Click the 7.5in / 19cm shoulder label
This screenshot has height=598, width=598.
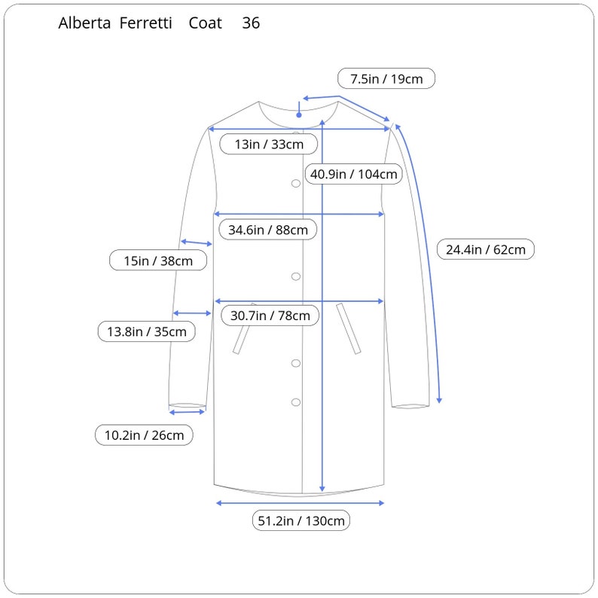point(386,78)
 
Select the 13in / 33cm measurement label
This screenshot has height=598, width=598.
point(268,144)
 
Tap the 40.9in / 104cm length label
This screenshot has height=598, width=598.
point(353,174)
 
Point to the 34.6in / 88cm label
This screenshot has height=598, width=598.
point(267,230)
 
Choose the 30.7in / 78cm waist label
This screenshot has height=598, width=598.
point(270,316)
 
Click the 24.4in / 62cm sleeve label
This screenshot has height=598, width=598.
point(486,249)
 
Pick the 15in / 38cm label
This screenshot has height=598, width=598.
point(158,261)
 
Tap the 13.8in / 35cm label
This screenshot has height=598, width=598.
point(146,331)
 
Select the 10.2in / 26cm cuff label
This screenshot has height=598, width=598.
point(144,435)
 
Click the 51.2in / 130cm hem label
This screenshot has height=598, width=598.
point(301,520)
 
